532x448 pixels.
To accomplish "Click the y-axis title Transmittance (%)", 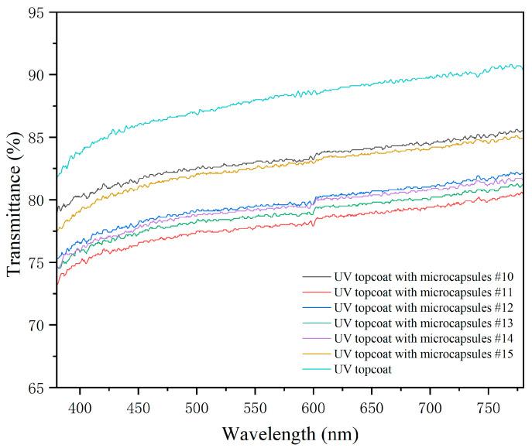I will click(x=13, y=200).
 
